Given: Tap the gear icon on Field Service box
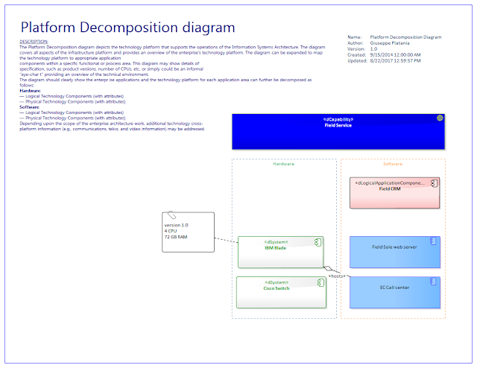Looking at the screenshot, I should click(x=440, y=119).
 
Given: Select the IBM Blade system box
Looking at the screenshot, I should click(x=279, y=253).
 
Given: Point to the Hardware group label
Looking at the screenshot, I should click(x=283, y=164).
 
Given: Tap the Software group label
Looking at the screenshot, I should click(x=393, y=164).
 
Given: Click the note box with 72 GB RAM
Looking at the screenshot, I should click(x=188, y=232).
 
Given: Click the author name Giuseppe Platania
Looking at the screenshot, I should click(x=396, y=43).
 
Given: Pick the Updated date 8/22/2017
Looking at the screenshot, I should click(x=395, y=61).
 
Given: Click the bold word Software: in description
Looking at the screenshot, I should click(x=30, y=107).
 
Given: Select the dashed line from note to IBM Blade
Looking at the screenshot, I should click(x=226, y=241).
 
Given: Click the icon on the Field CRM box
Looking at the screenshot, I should click(x=434, y=183).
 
